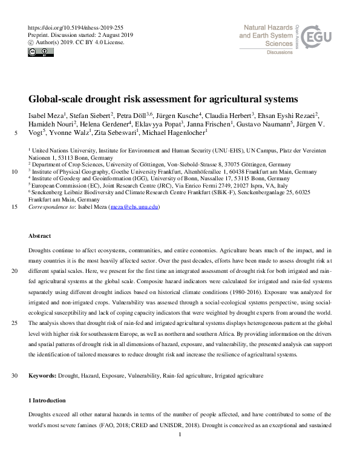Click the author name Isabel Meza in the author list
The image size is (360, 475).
(x=45, y=116)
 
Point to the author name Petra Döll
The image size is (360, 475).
(x=136, y=116)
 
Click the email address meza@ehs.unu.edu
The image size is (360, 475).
(x=133, y=206)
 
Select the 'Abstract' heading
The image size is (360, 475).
(x=40, y=235)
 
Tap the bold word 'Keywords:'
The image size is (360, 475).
(x=43, y=376)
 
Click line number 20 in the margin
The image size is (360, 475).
(x=14, y=271)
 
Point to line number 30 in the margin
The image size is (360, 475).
(x=14, y=376)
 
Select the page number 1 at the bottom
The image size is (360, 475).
(x=180, y=434)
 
